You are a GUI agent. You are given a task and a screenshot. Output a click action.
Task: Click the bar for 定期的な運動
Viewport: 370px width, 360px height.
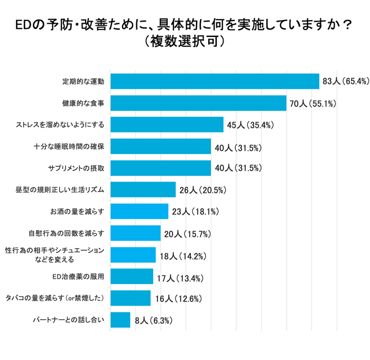[x=214, y=81]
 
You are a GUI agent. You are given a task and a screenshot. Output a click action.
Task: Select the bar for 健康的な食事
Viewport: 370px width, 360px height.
[x=198, y=103]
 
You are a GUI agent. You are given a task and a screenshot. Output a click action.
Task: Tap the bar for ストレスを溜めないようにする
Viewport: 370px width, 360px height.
[x=166, y=125]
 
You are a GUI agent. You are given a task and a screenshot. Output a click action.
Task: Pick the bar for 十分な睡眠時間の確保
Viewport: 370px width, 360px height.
[x=160, y=147]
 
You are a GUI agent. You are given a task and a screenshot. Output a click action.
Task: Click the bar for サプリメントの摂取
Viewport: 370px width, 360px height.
[x=160, y=168]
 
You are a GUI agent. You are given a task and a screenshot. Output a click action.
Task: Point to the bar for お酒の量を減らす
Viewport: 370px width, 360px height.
[x=138, y=212]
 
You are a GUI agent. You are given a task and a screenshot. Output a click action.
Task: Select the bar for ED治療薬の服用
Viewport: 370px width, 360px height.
[x=131, y=276]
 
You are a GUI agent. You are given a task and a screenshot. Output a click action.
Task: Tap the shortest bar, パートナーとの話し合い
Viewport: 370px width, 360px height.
[x=119, y=320]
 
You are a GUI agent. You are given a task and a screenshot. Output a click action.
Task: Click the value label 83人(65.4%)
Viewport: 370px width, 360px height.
[x=345, y=82]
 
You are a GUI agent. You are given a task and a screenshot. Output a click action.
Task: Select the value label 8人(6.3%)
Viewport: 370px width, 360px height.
[x=153, y=320]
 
